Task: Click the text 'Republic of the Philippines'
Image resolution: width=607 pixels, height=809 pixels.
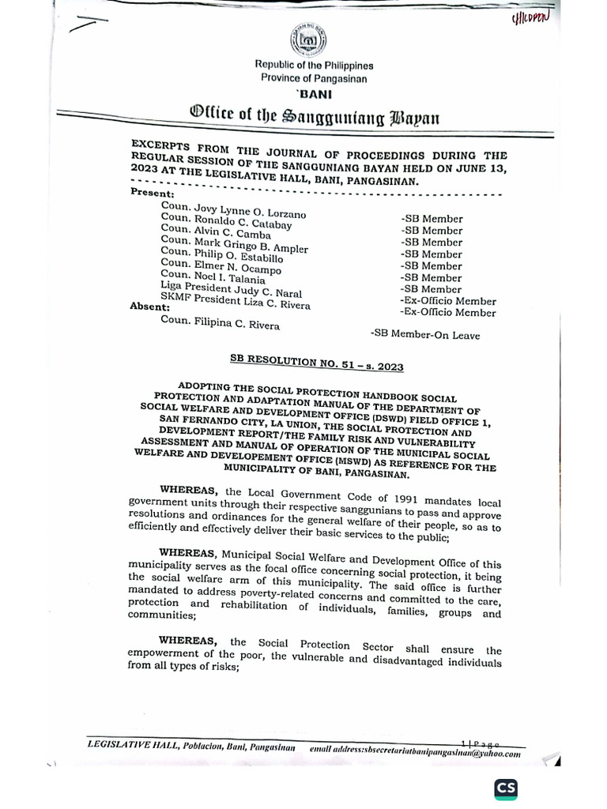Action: tap(314, 66)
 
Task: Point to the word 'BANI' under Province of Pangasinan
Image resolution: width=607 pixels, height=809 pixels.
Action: tap(314, 93)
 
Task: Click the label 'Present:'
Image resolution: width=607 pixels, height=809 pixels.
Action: tap(153, 192)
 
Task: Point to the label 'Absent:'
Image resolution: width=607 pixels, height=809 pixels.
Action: tap(149, 307)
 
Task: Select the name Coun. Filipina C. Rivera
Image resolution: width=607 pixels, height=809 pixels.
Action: tap(220, 323)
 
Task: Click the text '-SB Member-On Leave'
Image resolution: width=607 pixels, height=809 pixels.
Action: tap(425, 335)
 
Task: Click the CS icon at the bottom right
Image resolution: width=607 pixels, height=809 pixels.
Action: tap(506, 788)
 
